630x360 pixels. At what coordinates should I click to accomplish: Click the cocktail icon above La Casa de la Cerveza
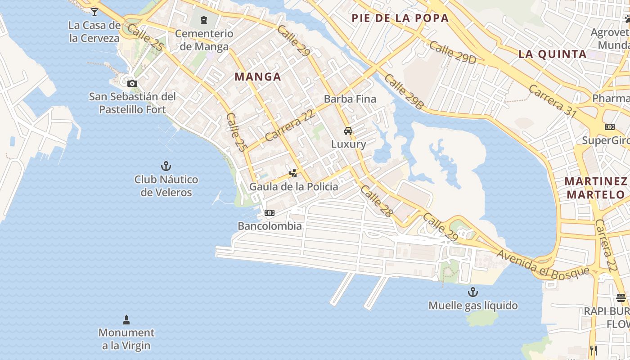(94, 12)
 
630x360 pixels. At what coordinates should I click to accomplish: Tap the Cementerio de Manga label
(204, 40)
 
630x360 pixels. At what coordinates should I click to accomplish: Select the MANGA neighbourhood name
(258, 77)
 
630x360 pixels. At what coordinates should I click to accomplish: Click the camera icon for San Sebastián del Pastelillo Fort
(132, 83)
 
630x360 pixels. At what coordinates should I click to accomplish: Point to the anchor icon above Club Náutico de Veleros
(166, 166)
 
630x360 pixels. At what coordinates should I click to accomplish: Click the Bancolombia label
(270, 226)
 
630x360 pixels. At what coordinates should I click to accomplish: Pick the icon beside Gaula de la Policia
(293, 173)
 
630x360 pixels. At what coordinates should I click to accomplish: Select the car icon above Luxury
(348, 131)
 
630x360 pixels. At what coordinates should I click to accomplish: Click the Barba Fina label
(350, 99)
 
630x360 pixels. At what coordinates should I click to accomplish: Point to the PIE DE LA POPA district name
(400, 18)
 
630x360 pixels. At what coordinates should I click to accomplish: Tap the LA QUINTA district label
(553, 54)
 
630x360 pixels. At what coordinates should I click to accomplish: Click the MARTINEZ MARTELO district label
(596, 188)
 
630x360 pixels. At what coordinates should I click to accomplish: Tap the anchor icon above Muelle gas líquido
(472, 292)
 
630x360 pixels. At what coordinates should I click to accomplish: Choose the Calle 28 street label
(376, 201)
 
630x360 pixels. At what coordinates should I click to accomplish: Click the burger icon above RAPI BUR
(621, 297)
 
